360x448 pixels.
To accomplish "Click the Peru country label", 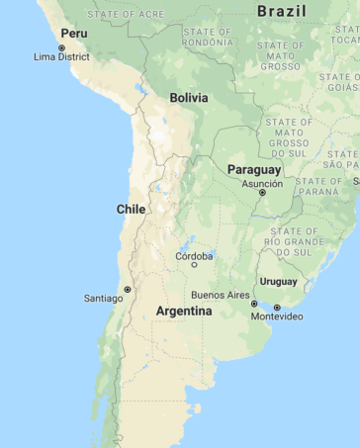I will pyautogui.click(x=74, y=33).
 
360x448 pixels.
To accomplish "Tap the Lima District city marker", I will pyautogui.click(x=61, y=47).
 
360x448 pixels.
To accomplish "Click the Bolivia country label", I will pyautogui.click(x=188, y=98).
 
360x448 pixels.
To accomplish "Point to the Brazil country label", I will pyautogui.click(x=281, y=11).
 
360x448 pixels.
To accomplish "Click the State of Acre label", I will pyautogui.click(x=127, y=14).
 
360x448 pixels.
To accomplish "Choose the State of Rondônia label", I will pyautogui.click(x=209, y=38).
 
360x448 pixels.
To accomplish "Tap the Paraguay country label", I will pyautogui.click(x=254, y=170).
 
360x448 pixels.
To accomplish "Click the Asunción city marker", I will pyautogui.click(x=262, y=193).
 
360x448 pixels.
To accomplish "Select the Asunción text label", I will pyautogui.click(x=261, y=183).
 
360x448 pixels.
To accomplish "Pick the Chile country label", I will pyautogui.click(x=132, y=209).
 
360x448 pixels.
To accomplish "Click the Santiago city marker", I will pyautogui.click(x=127, y=289).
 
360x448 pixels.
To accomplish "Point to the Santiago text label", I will pyautogui.click(x=103, y=298).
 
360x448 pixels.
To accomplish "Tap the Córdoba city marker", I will pyautogui.click(x=194, y=264).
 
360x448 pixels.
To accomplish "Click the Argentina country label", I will pyautogui.click(x=184, y=311).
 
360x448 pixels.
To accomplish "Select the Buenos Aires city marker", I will pyautogui.click(x=253, y=304).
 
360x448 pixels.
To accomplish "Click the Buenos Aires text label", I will pyautogui.click(x=221, y=295).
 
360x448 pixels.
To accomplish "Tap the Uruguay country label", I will pyautogui.click(x=279, y=282).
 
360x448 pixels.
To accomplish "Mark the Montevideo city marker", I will pyautogui.click(x=277, y=308).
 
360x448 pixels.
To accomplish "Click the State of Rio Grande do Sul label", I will pyautogui.click(x=293, y=241).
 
